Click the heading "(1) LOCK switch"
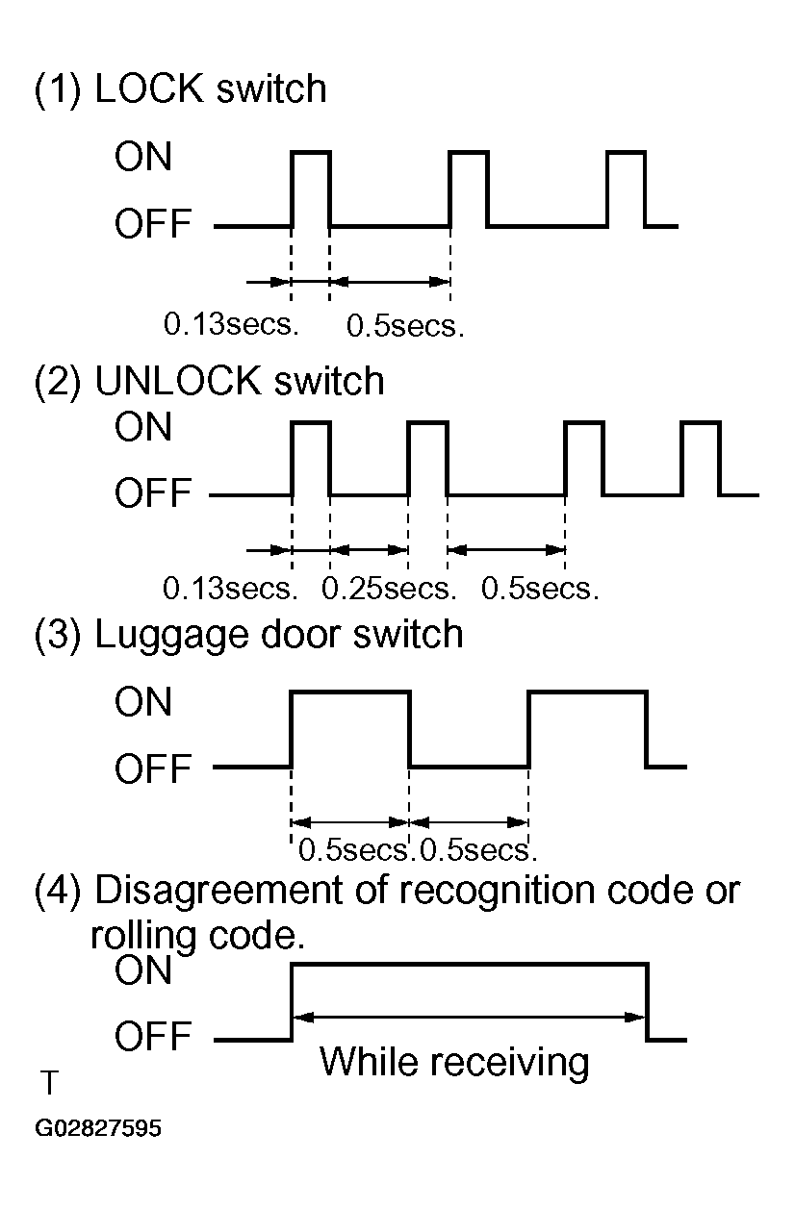(x=180, y=88)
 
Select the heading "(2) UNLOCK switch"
(x=209, y=381)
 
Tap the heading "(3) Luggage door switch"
(x=248, y=635)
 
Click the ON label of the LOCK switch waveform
(x=143, y=157)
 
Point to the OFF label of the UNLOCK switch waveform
(x=153, y=492)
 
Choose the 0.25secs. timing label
(x=389, y=588)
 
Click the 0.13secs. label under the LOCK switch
(x=231, y=324)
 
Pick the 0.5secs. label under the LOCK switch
(x=405, y=325)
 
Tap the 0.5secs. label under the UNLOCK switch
(x=540, y=588)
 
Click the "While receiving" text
(x=454, y=1063)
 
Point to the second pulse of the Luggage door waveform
(x=587, y=692)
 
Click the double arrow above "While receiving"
(x=469, y=1018)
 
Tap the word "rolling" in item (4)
(x=143, y=937)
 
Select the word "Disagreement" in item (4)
(x=218, y=891)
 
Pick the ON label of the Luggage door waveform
(x=143, y=702)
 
